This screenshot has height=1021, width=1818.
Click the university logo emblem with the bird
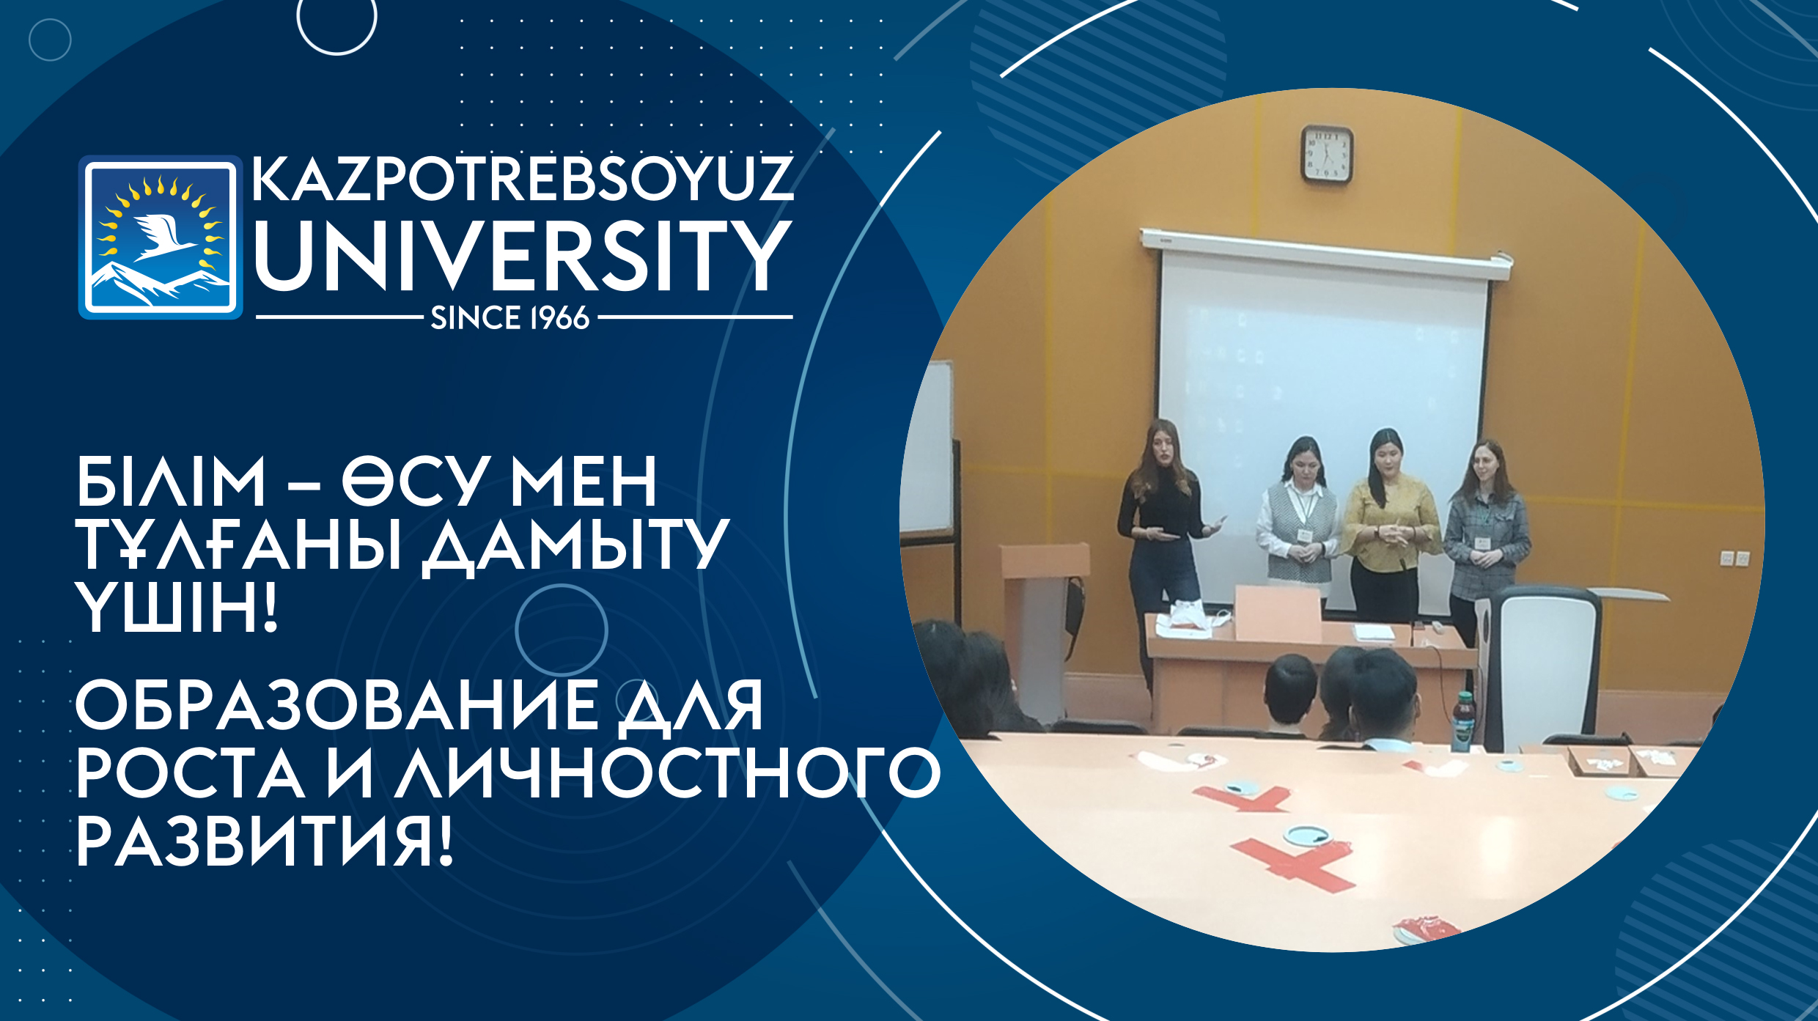tap(161, 237)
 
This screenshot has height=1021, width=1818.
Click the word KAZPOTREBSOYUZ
tap(523, 178)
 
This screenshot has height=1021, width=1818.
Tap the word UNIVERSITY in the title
tap(523, 256)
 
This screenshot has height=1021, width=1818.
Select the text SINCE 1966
tap(510, 318)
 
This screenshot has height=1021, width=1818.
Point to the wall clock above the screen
tap(1327, 154)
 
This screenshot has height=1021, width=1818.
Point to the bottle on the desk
tap(1462, 721)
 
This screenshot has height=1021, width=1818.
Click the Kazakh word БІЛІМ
tap(171, 481)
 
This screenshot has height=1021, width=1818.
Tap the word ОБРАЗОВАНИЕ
tap(337, 705)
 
